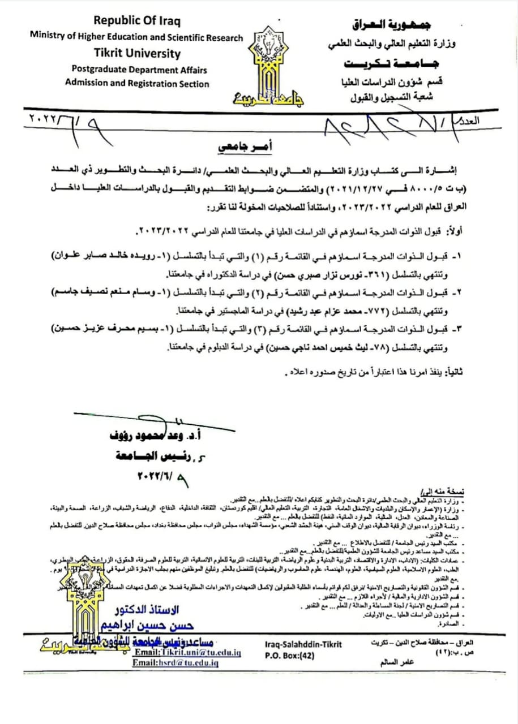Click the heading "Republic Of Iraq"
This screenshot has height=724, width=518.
[136, 21]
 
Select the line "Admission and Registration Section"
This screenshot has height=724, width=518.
[137, 84]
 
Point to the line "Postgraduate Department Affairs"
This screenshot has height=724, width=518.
[139, 70]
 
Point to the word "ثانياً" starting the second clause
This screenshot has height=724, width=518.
[453, 371]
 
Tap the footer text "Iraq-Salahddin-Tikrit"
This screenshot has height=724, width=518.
[303, 644]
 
